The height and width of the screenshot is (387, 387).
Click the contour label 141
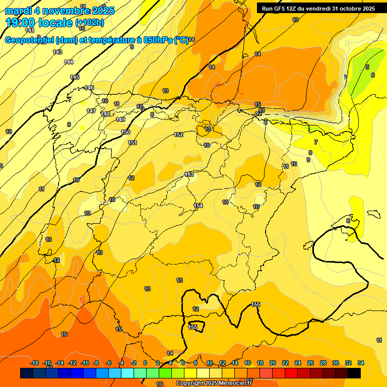pyautogui.click(x=30, y=44)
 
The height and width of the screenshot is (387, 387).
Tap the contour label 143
pyautogui.click(x=57, y=52)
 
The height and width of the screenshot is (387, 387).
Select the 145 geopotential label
pyautogui.click(x=75, y=77)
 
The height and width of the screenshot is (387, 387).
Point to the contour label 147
pyautogui.click(x=91, y=111)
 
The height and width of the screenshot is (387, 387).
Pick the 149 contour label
pyautogui.click(x=120, y=119)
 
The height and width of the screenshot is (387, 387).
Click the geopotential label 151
pyautogui.click(x=133, y=143)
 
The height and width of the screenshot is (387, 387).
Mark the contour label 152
pyautogui.click(x=178, y=135)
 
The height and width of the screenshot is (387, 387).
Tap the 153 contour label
pyautogui.click(x=189, y=174)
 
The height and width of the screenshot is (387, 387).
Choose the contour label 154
pyautogui.click(x=198, y=206)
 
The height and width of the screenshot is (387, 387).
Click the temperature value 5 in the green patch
pyautogui.click(x=367, y=67)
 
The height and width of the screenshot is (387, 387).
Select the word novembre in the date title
pyautogui.click(x=62, y=11)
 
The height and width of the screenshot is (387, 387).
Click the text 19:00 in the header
pyautogui.click(x=21, y=23)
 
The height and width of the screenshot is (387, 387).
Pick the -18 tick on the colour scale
pyautogui.click(x=34, y=363)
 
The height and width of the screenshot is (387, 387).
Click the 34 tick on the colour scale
pyautogui.click(x=361, y=363)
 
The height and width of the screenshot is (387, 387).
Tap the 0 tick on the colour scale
pyautogui.click(x=145, y=363)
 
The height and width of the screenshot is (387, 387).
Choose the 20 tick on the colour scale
pyautogui.click(x=273, y=363)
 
